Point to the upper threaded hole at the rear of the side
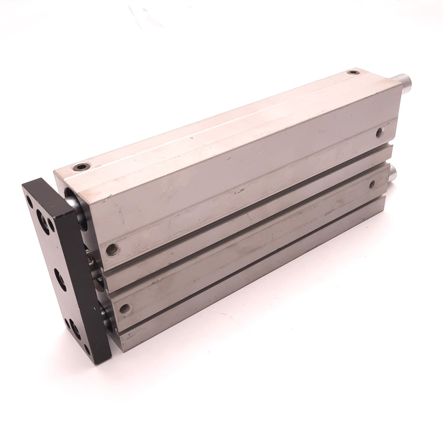380,131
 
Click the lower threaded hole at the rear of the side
372,184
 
